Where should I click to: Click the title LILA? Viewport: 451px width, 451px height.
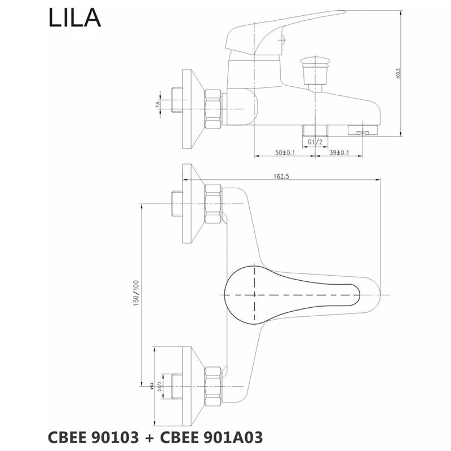[x=76, y=17]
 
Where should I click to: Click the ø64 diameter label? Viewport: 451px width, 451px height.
[x=153, y=386]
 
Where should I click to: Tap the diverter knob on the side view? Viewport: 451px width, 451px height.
[x=311, y=62]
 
